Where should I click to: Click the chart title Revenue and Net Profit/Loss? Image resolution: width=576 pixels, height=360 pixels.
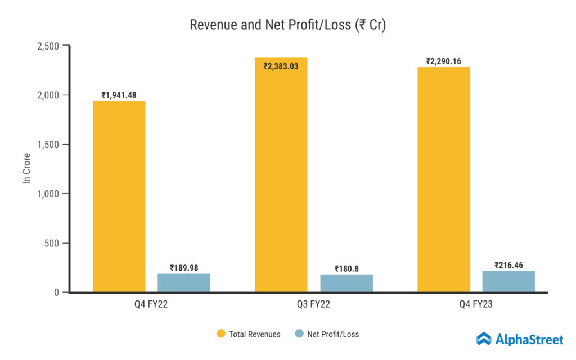[x=287, y=25]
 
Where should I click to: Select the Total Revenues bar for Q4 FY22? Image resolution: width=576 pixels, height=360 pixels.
[x=119, y=197]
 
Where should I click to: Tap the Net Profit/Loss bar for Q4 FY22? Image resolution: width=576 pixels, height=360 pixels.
[x=184, y=283]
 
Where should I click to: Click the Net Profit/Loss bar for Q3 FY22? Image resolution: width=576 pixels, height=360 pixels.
[x=346, y=283]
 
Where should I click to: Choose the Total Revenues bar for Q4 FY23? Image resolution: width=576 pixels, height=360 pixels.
[x=444, y=180]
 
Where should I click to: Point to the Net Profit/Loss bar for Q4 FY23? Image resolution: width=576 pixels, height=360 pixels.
[x=508, y=281]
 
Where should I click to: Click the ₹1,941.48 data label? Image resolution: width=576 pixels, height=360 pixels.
[x=119, y=95]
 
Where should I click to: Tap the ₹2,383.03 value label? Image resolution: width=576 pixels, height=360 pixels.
[x=281, y=66]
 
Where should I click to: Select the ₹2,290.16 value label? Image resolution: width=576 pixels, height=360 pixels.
[x=444, y=61]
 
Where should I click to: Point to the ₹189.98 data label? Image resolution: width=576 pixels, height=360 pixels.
[x=184, y=268]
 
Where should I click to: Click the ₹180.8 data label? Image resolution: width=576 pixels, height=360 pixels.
[x=346, y=268]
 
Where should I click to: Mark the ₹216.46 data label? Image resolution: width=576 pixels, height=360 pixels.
[x=508, y=264]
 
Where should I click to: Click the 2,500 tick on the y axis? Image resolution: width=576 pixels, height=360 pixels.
[x=48, y=46]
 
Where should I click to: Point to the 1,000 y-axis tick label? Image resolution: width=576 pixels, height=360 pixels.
[x=48, y=193]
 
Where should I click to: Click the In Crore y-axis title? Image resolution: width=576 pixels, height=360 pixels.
[x=27, y=169]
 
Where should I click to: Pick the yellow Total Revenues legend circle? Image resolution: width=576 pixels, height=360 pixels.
[x=221, y=334]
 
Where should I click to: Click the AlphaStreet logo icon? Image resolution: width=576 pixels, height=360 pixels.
[x=484, y=338]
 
